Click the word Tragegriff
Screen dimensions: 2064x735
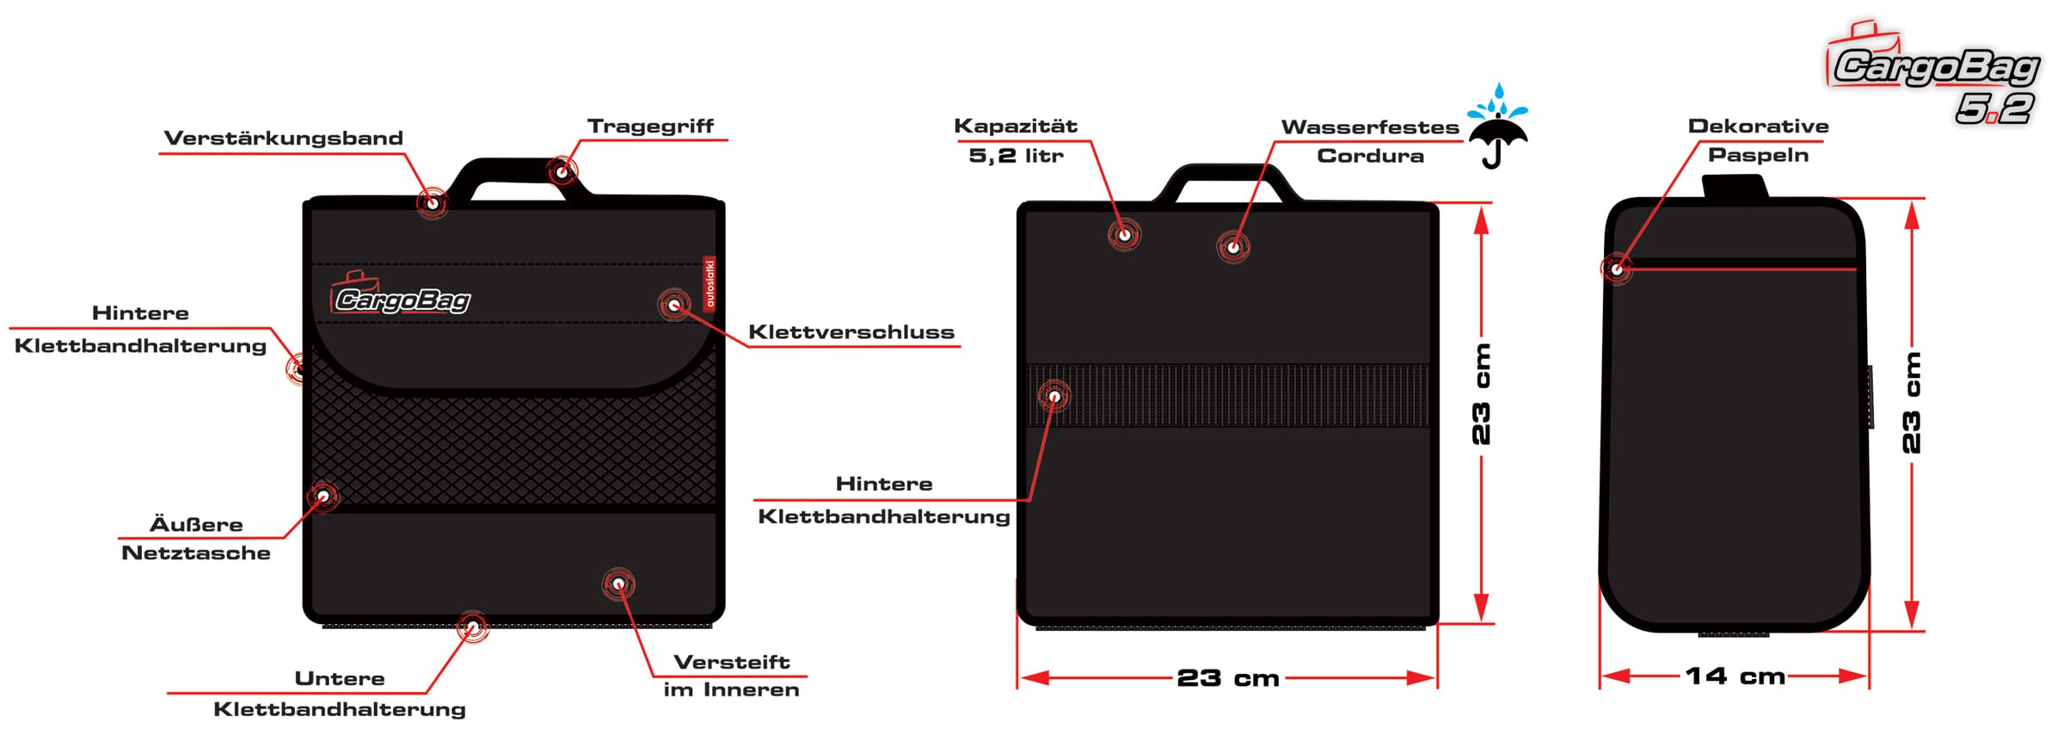click(650, 127)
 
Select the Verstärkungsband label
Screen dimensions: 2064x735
click(283, 139)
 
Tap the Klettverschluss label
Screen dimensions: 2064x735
click(851, 332)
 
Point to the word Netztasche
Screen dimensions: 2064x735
click(196, 553)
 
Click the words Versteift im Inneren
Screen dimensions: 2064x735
click(731, 676)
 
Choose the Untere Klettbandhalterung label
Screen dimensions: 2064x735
click(340, 694)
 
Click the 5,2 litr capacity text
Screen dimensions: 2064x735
click(1016, 156)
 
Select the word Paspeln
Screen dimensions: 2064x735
click(1758, 155)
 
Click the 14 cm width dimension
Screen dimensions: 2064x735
click(1735, 676)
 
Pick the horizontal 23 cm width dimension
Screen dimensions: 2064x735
click(1227, 678)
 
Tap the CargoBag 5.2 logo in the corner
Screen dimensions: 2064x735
click(1935, 77)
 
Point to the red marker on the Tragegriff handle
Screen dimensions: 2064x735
click(562, 172)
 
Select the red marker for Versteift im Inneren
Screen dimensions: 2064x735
click(618, 584)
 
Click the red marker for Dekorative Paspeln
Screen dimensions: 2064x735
click(1617, 269)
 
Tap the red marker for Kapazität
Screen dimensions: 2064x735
click(1124, 234)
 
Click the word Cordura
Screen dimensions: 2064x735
click(1370, 156)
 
